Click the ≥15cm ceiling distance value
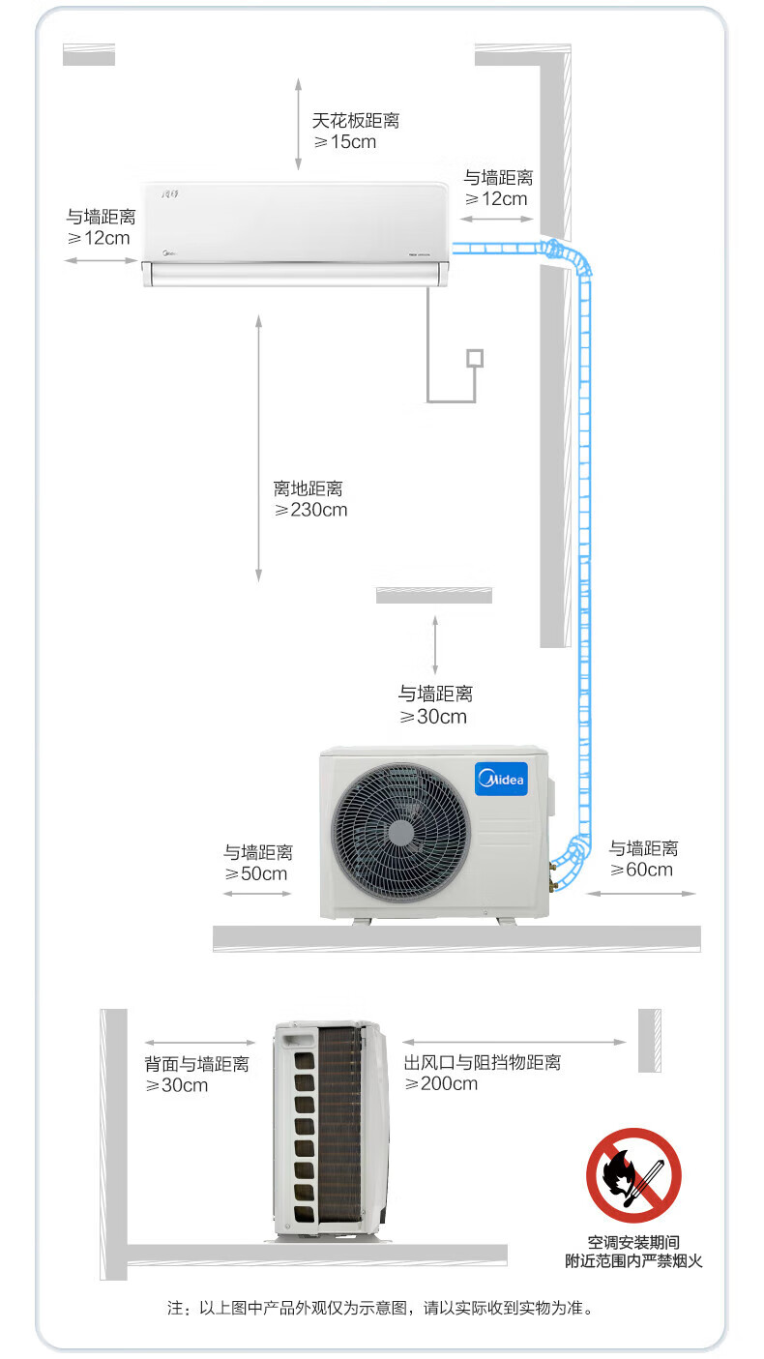click(345, 142)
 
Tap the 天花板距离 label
click(356, 120)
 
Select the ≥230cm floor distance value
click(310, 510)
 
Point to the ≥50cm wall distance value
click(256, 873)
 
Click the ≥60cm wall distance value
click(641, 870)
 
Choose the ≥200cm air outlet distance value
click(441, 1083)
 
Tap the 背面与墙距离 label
click(196, 1064)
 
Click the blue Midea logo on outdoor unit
click(502, 779)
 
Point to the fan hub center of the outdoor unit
click(400, 832)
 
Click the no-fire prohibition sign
click(633, 1175)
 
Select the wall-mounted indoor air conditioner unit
click(296, 233)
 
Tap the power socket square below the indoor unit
click(475, 358)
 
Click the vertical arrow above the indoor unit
click(298, 124)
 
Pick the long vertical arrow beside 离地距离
click(259, 448)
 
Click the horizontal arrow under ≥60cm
click(641, 894)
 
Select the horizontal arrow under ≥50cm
click(257, 894)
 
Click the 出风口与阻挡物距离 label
click(483, 1062)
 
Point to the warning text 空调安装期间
click(633, 1242)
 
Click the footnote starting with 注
click(380, 1308)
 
